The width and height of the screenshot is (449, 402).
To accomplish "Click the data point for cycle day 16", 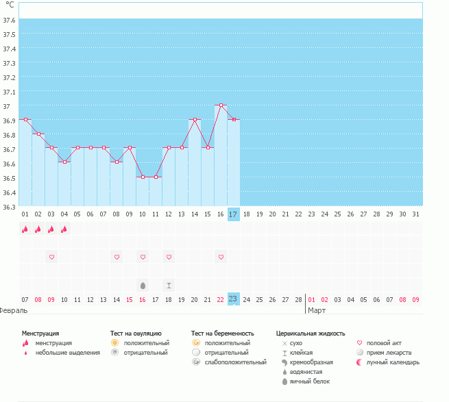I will point(221,105).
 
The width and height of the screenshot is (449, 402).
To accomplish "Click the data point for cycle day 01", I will point(25,119).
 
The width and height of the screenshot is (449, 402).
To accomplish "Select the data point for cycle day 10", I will point(143,177).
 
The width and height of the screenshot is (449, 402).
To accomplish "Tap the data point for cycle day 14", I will point(195,119).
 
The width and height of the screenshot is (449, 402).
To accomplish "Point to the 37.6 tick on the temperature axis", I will point(9,20).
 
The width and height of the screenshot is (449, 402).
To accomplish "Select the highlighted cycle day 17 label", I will point(233,214).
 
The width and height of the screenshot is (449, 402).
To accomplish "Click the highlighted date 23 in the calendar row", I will point(233,299).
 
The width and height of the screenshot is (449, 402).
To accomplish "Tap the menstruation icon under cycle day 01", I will point(25,229).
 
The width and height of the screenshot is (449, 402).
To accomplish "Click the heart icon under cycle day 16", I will point(221,257).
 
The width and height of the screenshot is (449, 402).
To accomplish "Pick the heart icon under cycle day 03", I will point(51,257).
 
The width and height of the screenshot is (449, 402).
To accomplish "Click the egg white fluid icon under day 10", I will point(143,285).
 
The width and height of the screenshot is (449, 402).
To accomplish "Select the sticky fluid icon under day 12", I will point(169,285).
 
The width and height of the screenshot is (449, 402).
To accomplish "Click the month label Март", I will point(317,310).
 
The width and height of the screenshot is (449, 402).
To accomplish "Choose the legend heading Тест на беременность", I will point(222,333).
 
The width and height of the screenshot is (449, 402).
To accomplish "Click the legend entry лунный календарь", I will point(392,362).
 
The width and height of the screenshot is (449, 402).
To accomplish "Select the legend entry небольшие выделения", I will point(67,353).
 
